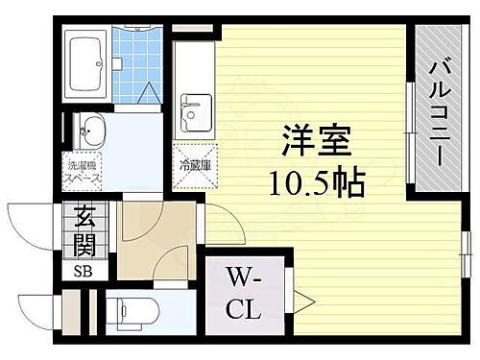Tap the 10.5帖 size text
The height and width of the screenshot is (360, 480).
click(x=308, y=181)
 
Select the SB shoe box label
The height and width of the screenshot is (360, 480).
click(x=83, y=270)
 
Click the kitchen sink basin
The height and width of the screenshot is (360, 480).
click(x=196, y=111)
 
